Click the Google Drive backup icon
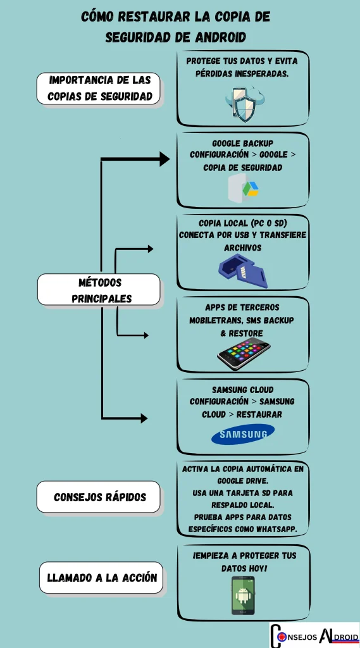point(243,189)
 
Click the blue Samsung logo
point(243,434)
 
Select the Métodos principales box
point(99,290)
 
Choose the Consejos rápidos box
point(99,497)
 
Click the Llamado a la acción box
point(102,577)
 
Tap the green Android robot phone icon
point(243,595)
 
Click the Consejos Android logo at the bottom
point(314,635)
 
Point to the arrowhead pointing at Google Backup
point(164,159)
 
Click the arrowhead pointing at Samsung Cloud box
point(144,418)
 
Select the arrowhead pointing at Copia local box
point(150,249)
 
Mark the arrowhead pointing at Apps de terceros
point(146,335)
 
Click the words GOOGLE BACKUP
point(243,143)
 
